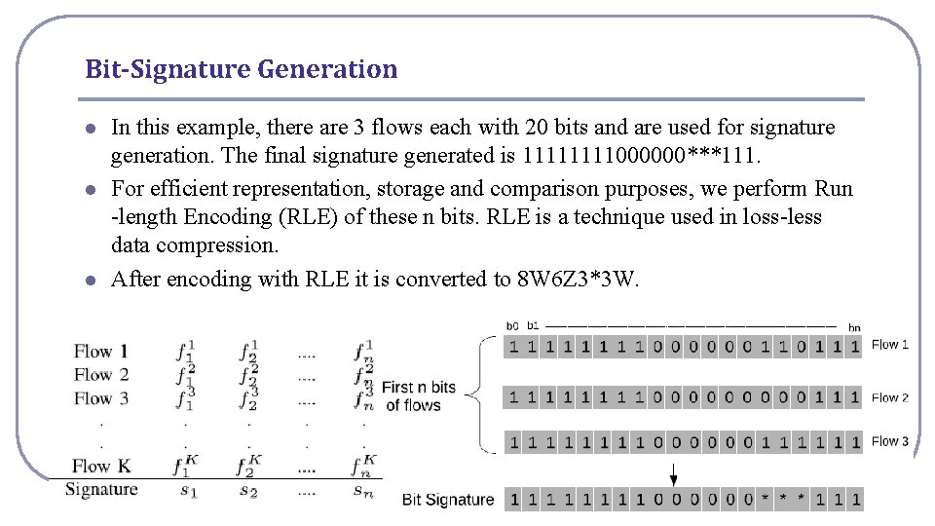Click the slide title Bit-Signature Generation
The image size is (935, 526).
point(242,69)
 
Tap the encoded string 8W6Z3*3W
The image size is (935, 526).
point(577,280)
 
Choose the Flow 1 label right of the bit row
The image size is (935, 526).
point(890,344)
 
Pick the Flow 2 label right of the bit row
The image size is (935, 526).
point(890,397)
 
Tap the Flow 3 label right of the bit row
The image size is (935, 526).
point(890,441)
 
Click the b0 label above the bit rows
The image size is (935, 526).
point(512,326)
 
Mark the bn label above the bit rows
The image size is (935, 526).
point(854,327)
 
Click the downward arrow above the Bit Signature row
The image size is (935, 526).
point(673,474)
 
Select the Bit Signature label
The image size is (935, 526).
point(448,500)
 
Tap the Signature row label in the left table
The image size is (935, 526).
point(101,489)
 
